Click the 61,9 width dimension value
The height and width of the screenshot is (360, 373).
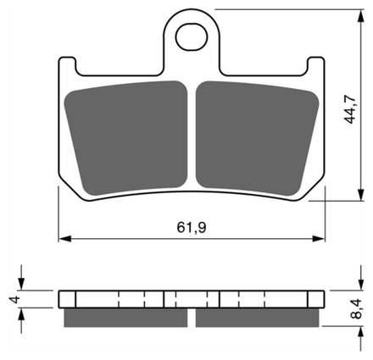[192, 227]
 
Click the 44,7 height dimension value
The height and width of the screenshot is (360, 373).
[349, 109]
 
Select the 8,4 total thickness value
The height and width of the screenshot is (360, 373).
[356, 309]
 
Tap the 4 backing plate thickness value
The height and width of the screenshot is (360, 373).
[15, 299]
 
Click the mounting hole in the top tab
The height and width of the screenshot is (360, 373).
[192, 37]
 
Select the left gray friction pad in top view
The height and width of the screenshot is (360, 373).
[126, 138]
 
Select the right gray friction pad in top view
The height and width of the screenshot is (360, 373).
[257, 138]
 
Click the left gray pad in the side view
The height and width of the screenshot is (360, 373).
[125, 318]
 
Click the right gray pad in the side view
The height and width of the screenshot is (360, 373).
[258, 318]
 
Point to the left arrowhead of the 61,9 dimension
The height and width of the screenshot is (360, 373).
[64, 239]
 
